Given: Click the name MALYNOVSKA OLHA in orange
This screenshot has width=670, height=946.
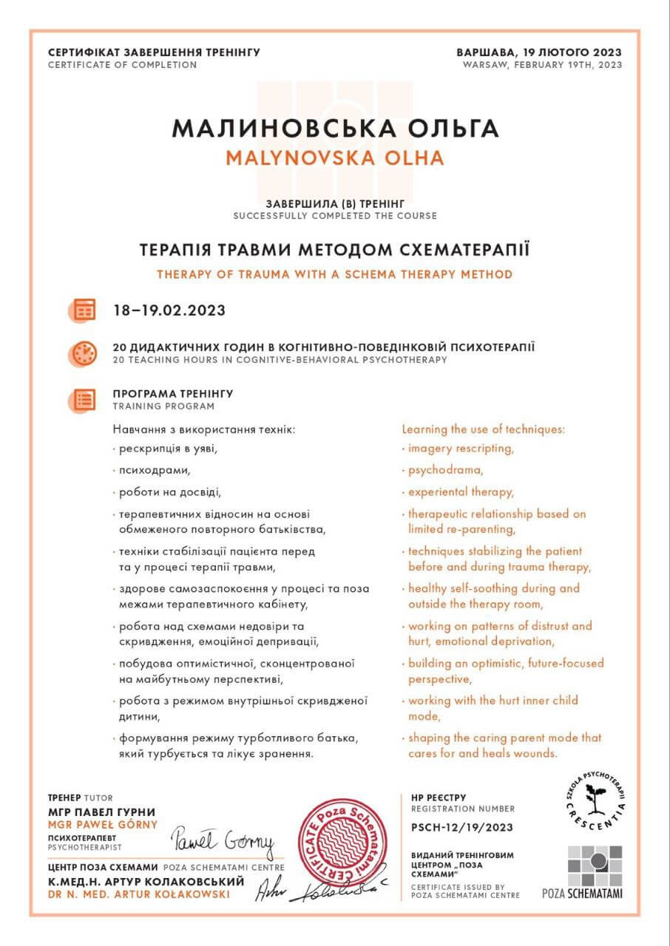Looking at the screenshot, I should click(334, 157).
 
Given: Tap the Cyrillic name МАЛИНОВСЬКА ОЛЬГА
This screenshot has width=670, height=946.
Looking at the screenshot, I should click(335, 127).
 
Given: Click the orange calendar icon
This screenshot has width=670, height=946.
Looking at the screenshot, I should click(85, 309).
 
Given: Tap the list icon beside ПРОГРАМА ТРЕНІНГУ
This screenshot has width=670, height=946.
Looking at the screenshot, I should click(85, 399).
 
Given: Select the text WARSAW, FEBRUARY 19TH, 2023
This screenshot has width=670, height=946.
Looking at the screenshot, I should click(542, 65).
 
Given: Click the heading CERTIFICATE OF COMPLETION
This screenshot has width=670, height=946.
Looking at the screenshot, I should click(122, 65).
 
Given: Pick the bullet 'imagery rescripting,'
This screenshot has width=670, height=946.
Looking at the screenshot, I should click(461, 448).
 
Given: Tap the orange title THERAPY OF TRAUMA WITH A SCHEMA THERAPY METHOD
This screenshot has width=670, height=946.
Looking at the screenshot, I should click(334, 274).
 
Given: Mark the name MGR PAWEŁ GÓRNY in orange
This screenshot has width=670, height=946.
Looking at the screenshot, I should click(103, 824).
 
